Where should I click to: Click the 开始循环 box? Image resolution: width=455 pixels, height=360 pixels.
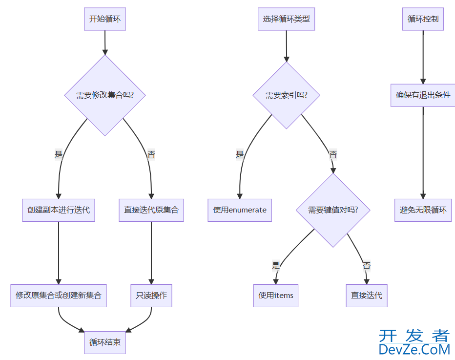[x=105, y=20]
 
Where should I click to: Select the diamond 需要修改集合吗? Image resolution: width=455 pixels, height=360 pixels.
[x=105, y=95]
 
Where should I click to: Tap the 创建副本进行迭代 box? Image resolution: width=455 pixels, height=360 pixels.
[x=59, y=210]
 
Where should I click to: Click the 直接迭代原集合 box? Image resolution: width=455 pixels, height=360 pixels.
[x=151, y=210]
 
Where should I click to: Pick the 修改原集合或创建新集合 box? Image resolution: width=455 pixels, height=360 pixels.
[x=59, y=296]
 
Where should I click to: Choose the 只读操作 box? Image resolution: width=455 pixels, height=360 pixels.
[x=151, y=296]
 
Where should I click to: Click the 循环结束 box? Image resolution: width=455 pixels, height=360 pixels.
[x=105, y=342]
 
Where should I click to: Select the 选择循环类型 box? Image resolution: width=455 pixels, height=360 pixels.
[x=286, y=20]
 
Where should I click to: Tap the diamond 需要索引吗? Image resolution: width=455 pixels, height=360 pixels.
[x=286, y=95]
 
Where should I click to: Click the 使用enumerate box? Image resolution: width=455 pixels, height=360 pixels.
[x=240, y=210]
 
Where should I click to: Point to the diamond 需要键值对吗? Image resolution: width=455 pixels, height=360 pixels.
[x=333, y=210]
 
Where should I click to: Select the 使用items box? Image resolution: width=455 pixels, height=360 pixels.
[x=275, y=296]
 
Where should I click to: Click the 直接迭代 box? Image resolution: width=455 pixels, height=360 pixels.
[x=367, y=296]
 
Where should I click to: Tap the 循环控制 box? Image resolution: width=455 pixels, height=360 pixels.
[x=423, y=20]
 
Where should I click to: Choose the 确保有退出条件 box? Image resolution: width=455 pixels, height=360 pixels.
[x=423, y=95]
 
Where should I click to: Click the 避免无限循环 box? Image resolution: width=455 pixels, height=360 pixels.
[x=423, y=210]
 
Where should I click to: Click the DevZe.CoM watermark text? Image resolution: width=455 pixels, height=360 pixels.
[x=414, y=349]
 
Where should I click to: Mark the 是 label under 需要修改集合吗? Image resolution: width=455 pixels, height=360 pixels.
[x=59, y=154]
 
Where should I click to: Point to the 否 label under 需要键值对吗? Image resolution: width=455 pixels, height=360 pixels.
[x=367, y=266]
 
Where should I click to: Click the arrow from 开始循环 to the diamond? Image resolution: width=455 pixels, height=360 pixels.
[x=105, y=42]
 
